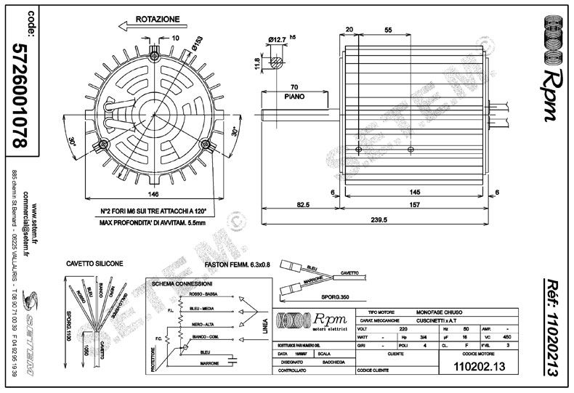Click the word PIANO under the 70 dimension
click(x=294, y=94)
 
